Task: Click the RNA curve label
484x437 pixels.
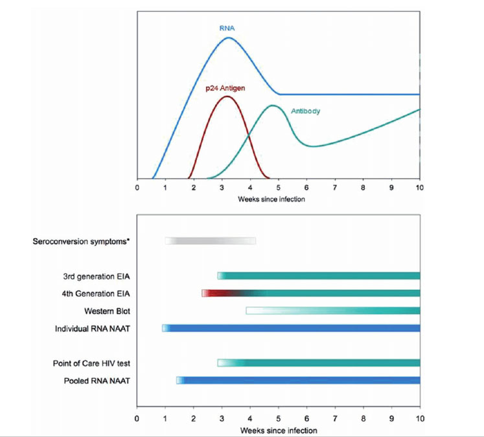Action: coord(227,29)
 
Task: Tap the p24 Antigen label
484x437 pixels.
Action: coord(224,87)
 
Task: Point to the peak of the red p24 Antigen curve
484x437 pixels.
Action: coord(227,96)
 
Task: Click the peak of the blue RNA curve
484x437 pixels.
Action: coord(228,38)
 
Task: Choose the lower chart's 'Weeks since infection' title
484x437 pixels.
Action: coord(279,430)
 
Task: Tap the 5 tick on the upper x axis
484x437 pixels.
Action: coord(279,188)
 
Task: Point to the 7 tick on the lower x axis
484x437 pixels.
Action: coord(335,419)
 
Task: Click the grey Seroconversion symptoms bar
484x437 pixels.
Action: coord(211,241)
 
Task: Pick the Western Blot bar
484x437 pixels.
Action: coord(333,311)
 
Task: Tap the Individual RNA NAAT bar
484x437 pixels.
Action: coord(292,328)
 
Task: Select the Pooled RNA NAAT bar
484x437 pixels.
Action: coord(298,381)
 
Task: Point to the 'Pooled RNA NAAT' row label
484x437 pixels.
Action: coord(97,381)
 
